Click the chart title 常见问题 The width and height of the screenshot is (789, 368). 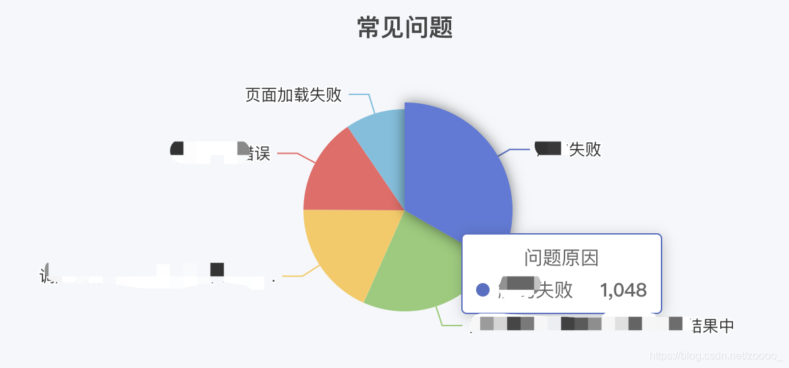point(405,28)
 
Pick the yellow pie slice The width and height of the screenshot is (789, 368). point(344,249)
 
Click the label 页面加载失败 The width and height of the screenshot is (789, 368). point(293,95)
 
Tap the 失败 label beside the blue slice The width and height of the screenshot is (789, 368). point(585,150)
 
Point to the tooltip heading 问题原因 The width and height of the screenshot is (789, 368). point(561,257)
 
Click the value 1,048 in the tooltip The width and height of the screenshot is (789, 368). point(623,290)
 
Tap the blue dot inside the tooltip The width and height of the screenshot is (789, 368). point(482,290)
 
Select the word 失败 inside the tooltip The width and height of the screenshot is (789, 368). point(556,290)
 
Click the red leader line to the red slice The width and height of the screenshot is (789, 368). point(290,154)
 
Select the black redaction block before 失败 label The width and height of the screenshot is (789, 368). point(549,148)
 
